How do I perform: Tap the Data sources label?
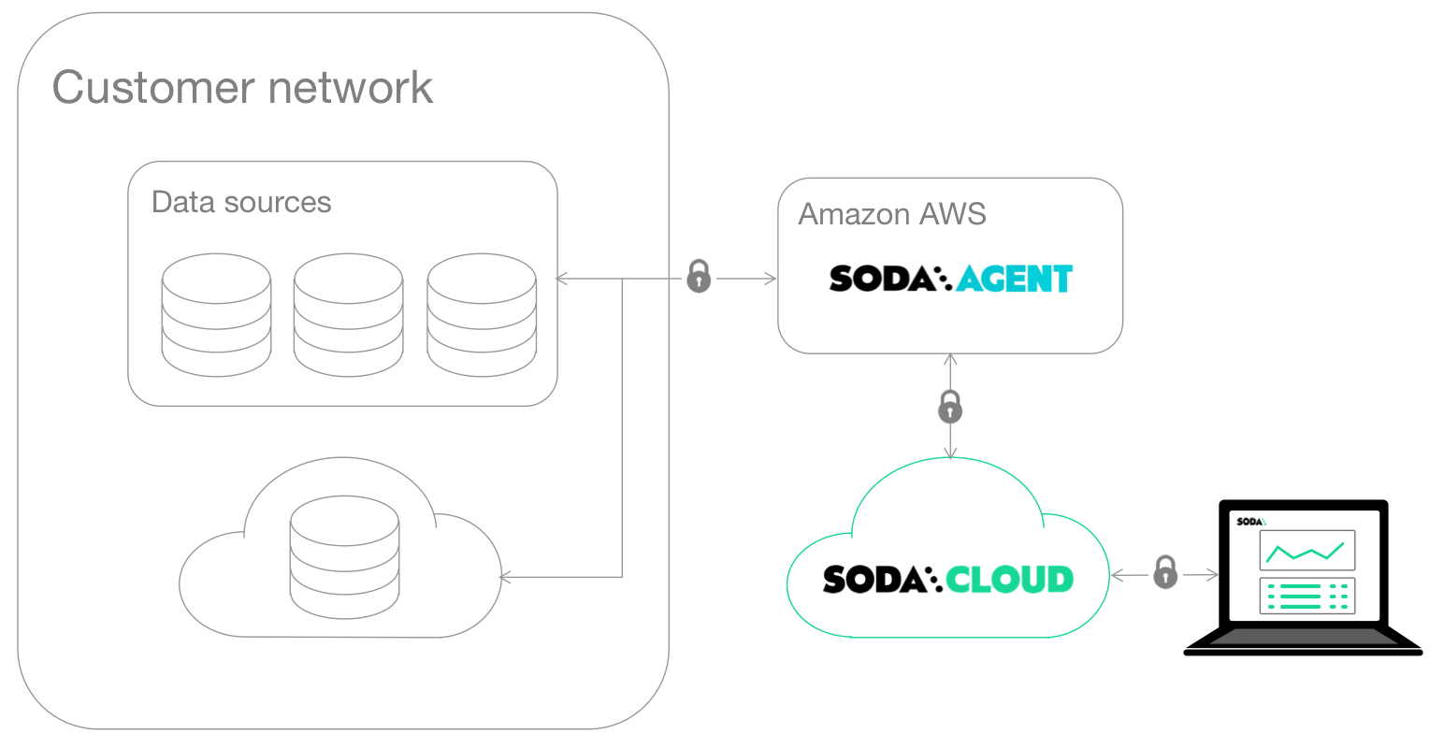point(241,202)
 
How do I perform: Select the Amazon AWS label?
point(892,214)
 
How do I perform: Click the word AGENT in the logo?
point(1014,279)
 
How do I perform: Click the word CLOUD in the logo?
point(1009,580)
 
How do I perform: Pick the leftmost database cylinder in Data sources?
point(216,315)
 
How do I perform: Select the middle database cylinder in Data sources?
point(349,315)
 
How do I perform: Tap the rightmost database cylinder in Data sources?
point(482,315)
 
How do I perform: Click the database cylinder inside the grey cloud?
point(344,557)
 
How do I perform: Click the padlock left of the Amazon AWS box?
point(699,277)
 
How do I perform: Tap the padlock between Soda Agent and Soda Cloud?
point(950,407)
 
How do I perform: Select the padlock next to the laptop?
point(1165,572)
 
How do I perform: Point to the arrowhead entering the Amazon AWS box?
point(771,279)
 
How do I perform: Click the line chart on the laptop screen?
point(1307,550)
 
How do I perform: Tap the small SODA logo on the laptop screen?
point(1249,521)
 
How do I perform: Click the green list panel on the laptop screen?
point(1307,596)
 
